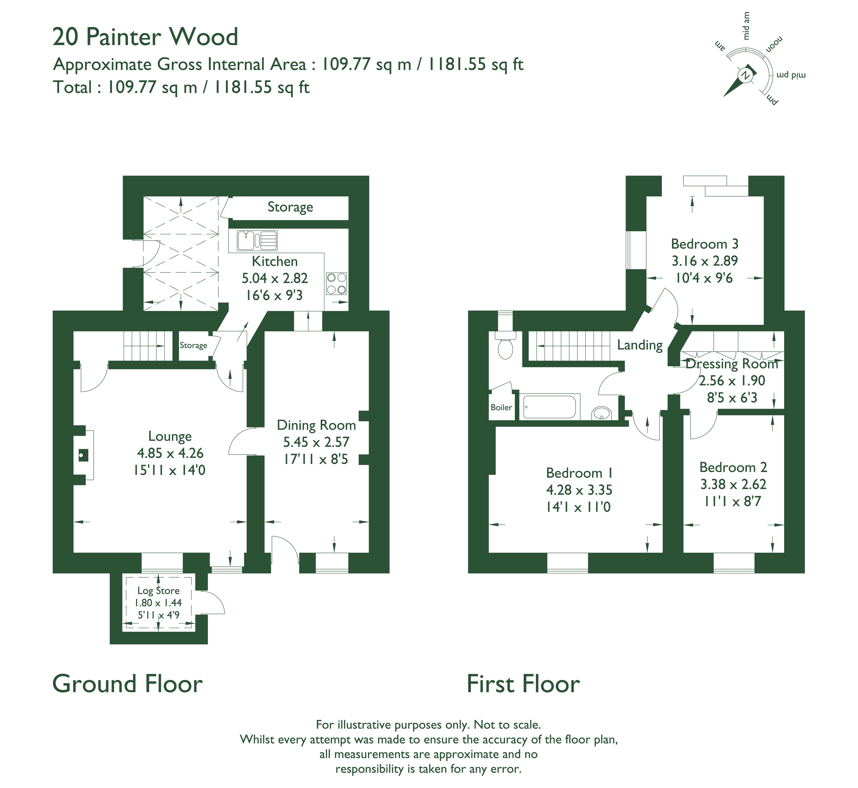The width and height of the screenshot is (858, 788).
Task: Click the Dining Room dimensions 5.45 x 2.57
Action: [x=316, y=442]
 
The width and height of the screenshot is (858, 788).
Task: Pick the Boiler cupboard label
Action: [x=501, y=407]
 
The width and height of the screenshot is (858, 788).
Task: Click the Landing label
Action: [x=640, y=345]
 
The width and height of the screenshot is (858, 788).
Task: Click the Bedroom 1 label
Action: [x=579, y=473]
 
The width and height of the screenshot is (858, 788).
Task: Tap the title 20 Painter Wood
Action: [x=145, y=37]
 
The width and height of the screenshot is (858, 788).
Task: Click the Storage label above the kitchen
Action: [x=290, y=207]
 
